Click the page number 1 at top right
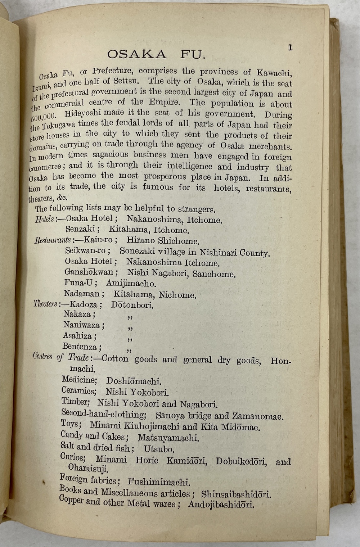pyautogui.click(x=290, y=48)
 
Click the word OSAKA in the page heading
pyautogui.click(x=137, y=54)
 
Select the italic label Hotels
pyautogui.click(x=44, y=219)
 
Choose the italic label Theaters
pyautogui.click(x=45, y=304)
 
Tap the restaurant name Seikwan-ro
pyautogui.click(x=87, y=250)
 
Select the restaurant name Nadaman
pyautogui.click(x=82, y=294)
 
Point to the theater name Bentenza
pyautogui.click(x=80, y=347)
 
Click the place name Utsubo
pyautogui.click(x=159, y=449)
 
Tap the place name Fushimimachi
pyautogui.click(x=159, y=482)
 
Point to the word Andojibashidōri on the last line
pyautogui.click(x=221, y=504)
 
